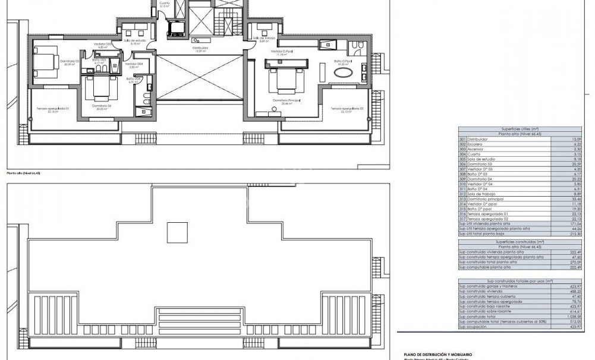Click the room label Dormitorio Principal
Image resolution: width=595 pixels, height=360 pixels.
pos(286,101)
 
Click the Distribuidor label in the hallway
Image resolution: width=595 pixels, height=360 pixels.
pos(200,48)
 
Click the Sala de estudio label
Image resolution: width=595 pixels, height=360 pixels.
pos(134,40)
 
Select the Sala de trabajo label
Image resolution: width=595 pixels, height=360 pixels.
pos(263,39)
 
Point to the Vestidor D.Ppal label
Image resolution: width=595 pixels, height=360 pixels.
pos(281,52)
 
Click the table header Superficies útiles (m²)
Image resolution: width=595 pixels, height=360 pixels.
pos(520,129)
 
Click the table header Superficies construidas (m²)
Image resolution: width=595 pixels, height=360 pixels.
pos(520,242)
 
